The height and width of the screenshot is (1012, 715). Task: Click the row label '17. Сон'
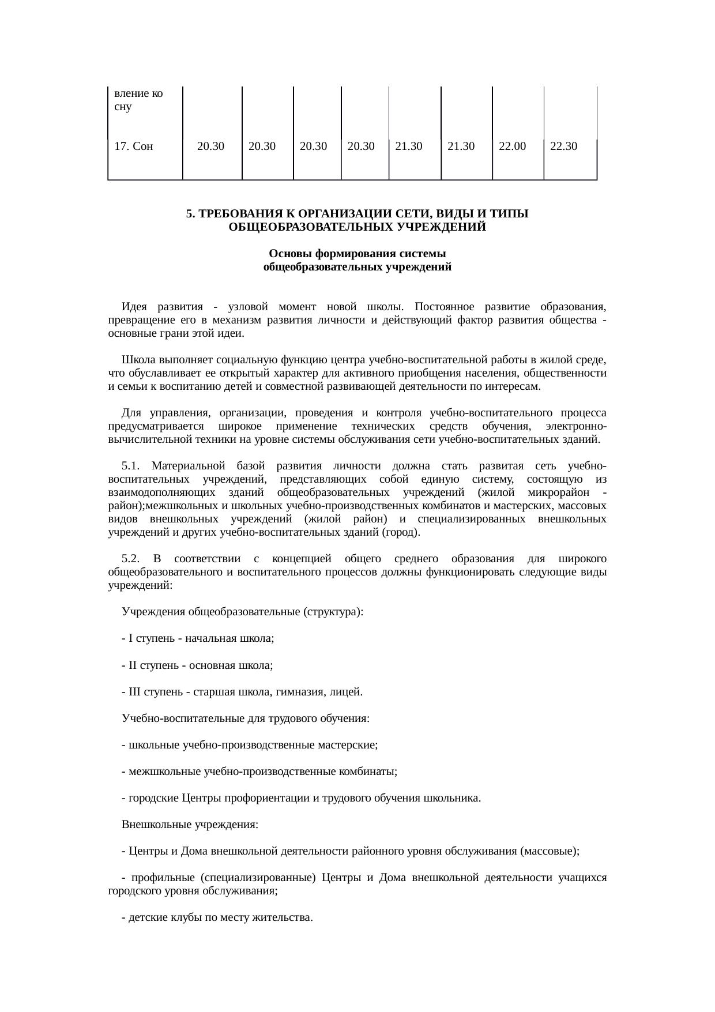(134, 146)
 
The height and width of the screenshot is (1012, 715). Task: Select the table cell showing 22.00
(512, 146)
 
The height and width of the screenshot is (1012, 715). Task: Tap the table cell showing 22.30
(563, 146)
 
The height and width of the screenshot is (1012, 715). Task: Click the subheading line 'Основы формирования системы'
(357, 254)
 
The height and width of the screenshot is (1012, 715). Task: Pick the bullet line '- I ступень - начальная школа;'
(197, 639)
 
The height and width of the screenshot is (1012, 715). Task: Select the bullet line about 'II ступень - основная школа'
(197, 665)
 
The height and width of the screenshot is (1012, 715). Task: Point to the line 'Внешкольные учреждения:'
(190, 825)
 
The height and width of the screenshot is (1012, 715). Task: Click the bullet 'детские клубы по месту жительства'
(217, 917)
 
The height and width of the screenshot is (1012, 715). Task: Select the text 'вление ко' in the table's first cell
(138, 93)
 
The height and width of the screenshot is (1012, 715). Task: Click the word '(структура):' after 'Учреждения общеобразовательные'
(333, 612)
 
